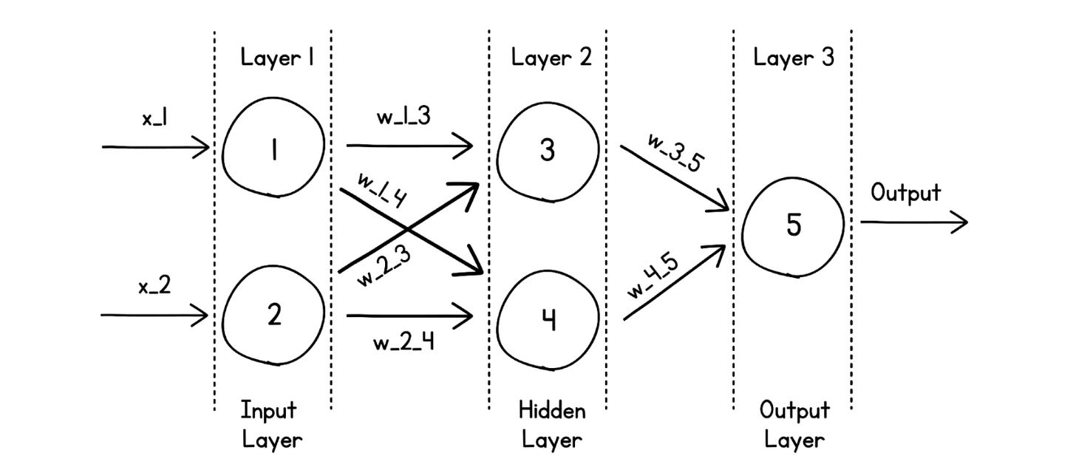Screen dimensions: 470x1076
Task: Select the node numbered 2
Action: pos(273,316)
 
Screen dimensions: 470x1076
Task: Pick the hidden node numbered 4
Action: pos(547,319)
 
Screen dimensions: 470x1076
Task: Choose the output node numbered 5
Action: pos(793,224)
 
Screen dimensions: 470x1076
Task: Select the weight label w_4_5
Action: pos(662,276)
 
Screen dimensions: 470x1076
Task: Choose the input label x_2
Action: pos(154,287)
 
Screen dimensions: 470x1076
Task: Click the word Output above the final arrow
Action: pos(905,194)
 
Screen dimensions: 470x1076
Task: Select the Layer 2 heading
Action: pos(551,58)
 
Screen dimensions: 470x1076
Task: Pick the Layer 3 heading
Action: pos(794,58)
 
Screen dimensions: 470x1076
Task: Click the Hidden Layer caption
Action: pos(551,425)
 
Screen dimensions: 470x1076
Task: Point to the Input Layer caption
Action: pos(271,425)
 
